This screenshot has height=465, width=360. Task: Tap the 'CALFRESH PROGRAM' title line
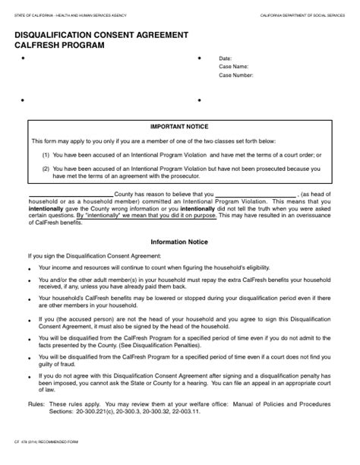(x=58, y=46)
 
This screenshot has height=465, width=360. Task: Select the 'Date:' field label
(x=225, y=59)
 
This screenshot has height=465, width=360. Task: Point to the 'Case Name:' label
(x=233, y=67)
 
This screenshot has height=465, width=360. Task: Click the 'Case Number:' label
(x=236, y=75)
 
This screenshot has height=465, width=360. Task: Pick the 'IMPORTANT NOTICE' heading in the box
(x=179, y=126)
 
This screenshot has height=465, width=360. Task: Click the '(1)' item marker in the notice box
(x=46, y=154)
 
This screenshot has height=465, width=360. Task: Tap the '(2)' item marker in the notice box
(x=46, y=168)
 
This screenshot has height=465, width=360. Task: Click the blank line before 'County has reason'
(x=70, y=195)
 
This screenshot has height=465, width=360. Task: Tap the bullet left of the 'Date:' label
(x=199, y=59)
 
